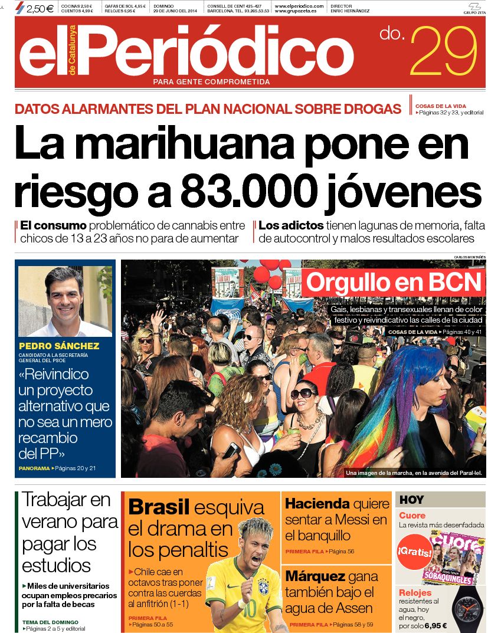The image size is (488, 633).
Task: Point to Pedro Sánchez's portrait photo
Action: point(65,301)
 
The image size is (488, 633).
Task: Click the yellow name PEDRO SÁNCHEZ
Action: point(59,346)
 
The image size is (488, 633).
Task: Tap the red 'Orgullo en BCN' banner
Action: point(394,283)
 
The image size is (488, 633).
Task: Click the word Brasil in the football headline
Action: point(159,507)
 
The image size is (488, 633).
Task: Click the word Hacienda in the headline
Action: point(317,504)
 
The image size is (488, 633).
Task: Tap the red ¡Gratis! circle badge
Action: point(414,553)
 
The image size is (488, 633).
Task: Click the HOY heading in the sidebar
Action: point(411,500)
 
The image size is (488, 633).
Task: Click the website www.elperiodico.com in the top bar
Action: point(299,5)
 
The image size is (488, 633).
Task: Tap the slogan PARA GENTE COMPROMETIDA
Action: point(211,82)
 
